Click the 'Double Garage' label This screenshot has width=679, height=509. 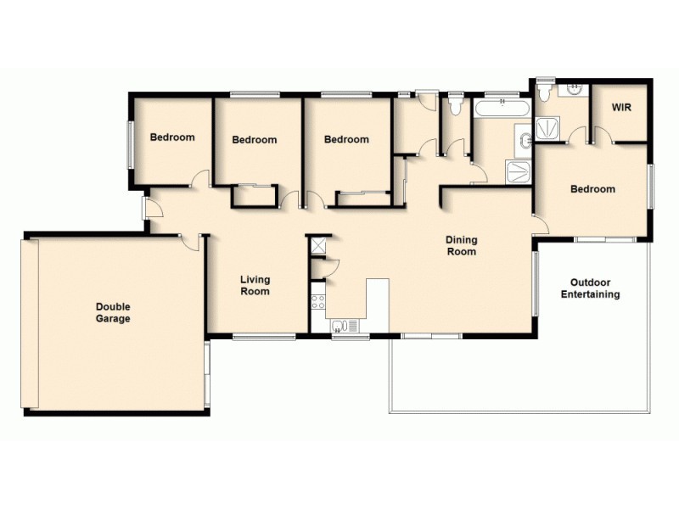(113, 313)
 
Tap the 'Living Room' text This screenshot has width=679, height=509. (255, 285)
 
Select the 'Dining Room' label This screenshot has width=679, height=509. (461, 246)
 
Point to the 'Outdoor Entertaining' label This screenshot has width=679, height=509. (590, 288)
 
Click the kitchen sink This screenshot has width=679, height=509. (345, 324)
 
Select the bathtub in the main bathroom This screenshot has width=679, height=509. (502, 109)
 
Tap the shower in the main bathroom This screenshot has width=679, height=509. (518, 171)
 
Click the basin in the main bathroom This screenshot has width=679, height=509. (524, 138)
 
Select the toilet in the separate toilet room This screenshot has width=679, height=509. (455, 106)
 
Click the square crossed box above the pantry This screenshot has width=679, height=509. (320, 245)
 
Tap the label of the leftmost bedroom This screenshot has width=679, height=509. (172, 137)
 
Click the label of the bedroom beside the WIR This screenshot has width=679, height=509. (592, 189)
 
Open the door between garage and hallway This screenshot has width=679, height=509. (192, 243)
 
